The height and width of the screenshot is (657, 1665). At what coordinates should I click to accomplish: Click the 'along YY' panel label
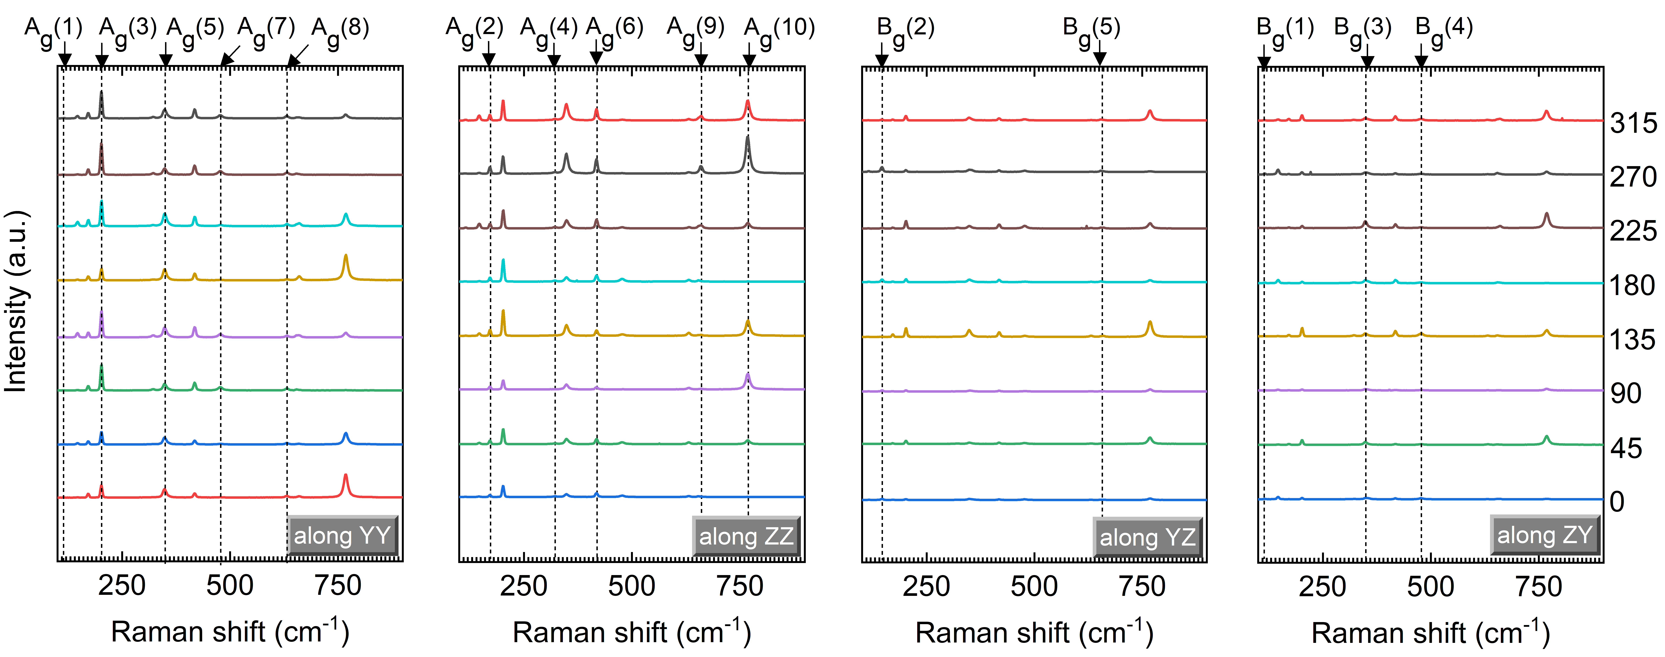pos(343,535)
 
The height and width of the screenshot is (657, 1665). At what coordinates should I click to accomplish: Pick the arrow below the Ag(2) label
pos(489,55)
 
